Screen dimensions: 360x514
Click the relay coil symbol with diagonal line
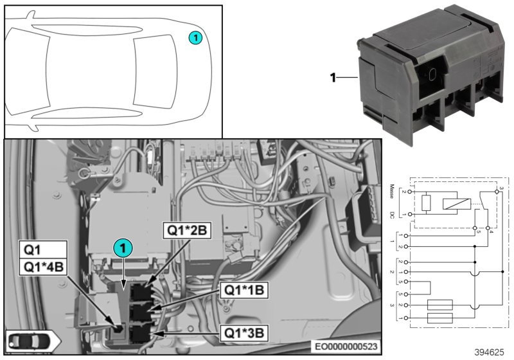tap(454, 203)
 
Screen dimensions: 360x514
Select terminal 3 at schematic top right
tap(500, 187)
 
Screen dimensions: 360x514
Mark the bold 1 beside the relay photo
tap(333, 78)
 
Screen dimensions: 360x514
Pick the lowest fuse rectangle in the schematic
tap(439, 318)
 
